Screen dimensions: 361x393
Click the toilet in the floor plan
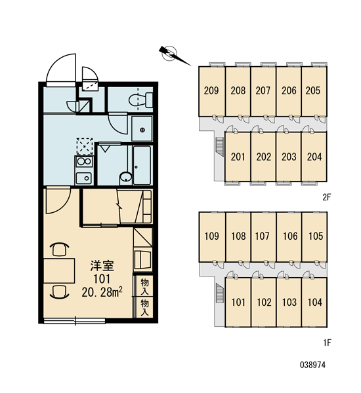tap(140, 100)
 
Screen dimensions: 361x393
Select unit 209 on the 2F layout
tap(211, 92)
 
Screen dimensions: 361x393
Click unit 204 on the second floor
tap(314, 157)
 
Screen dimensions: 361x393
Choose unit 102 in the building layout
tap(264, 302)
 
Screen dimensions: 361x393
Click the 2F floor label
tap(327, 198)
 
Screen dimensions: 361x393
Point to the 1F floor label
tap(328, 343)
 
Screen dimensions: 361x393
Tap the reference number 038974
tap(312, 365)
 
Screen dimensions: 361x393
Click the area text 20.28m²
tap(102, 292)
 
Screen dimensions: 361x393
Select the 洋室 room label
tap(102, 266)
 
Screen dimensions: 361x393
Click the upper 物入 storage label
tap(144, 286)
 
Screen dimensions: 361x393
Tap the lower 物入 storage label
tap(144, 308)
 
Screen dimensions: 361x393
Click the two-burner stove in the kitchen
tap(84, 161)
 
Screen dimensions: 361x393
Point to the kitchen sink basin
tap(83, 178)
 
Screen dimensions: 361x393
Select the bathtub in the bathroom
tap(142, 165)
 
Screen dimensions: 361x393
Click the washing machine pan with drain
tap(142, 128)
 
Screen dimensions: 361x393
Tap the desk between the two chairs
tap(59, 271)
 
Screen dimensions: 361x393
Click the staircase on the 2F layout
tap(220, 147)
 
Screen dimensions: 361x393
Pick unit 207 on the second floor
tap(263, 92)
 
